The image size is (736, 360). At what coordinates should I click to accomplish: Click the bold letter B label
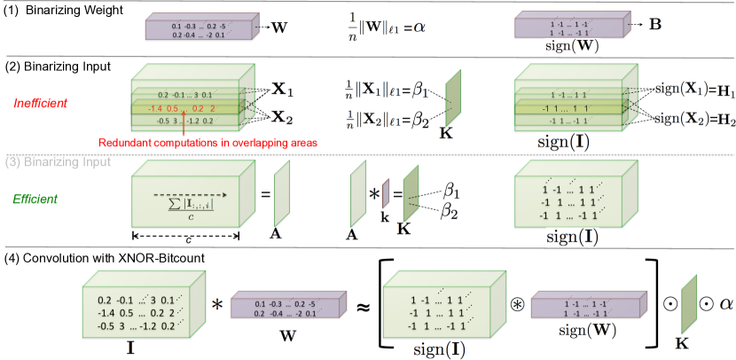click(654, 23)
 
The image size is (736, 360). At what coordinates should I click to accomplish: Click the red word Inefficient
click(38, 104)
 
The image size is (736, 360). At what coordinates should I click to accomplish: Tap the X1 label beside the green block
click(282, 90)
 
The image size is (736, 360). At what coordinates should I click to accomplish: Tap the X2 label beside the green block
click(282, 117)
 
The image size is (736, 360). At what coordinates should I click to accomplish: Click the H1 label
click(725, 90)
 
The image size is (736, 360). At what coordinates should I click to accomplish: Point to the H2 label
click(725, 119)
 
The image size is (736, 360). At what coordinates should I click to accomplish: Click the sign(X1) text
click(681, 90)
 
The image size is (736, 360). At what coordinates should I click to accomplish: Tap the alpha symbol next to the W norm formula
click(419, 27)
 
